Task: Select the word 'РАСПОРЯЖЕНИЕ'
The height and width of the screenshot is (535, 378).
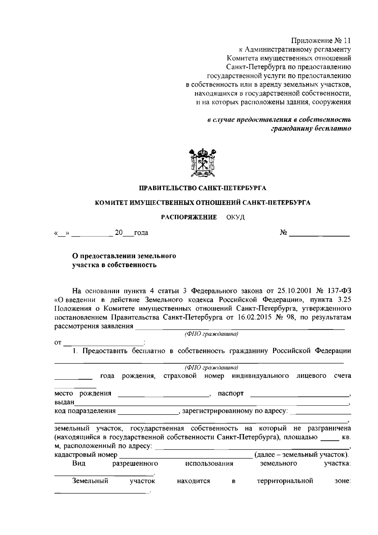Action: pyautogui.click(x=189, y=217)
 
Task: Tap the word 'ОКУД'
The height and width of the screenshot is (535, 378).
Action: pyautogui.click(x=235, y=218)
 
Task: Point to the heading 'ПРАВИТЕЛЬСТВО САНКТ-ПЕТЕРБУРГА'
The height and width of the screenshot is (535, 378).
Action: pyautogui.click(x=203, y=189)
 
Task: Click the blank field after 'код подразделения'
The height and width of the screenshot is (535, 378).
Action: pyautogui.click(x=147, y=412)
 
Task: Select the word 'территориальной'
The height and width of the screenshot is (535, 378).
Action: pyautogui.click(x=285, y=481)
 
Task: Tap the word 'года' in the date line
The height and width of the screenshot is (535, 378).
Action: pyautogui.click(x=141, y=233)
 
